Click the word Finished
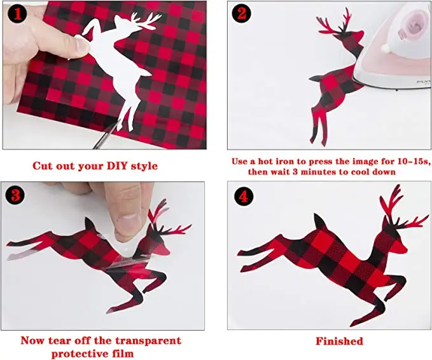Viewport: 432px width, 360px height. pyautogui.click(x=339, y=342)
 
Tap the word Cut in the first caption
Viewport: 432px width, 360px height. pyautogui.click(x=44, y=166)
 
